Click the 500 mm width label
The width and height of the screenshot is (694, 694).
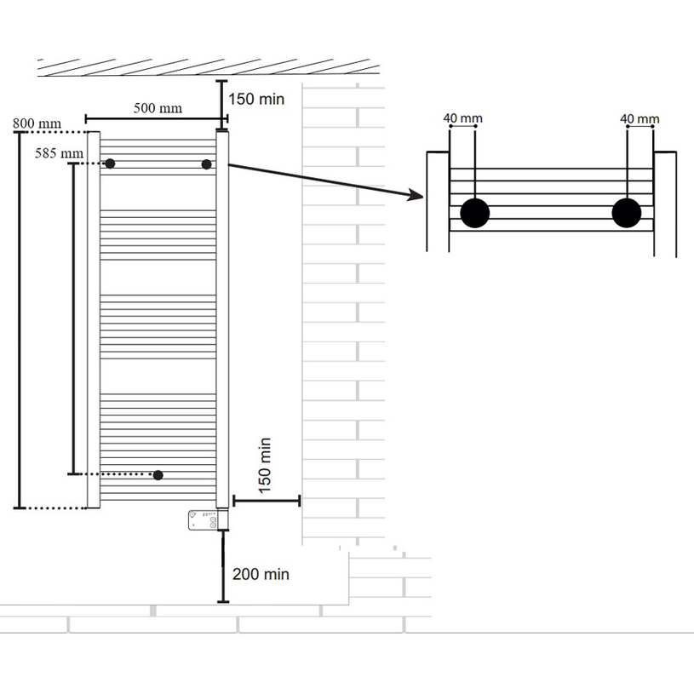coord(158,108)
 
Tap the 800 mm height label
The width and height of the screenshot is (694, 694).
coord(37,123)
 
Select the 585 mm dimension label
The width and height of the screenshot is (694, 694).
coord(60,153)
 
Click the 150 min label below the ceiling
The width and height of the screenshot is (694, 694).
coord(256,99)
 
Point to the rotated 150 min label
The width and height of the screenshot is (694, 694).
coord(264,466)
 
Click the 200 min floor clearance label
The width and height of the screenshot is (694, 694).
coord(261,574)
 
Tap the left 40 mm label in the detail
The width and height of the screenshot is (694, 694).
coord(463,118)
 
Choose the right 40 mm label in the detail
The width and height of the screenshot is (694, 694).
coord(640,118)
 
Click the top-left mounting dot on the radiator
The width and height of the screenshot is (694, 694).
coord(110,163)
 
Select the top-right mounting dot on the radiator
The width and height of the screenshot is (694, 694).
coord(206,164)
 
